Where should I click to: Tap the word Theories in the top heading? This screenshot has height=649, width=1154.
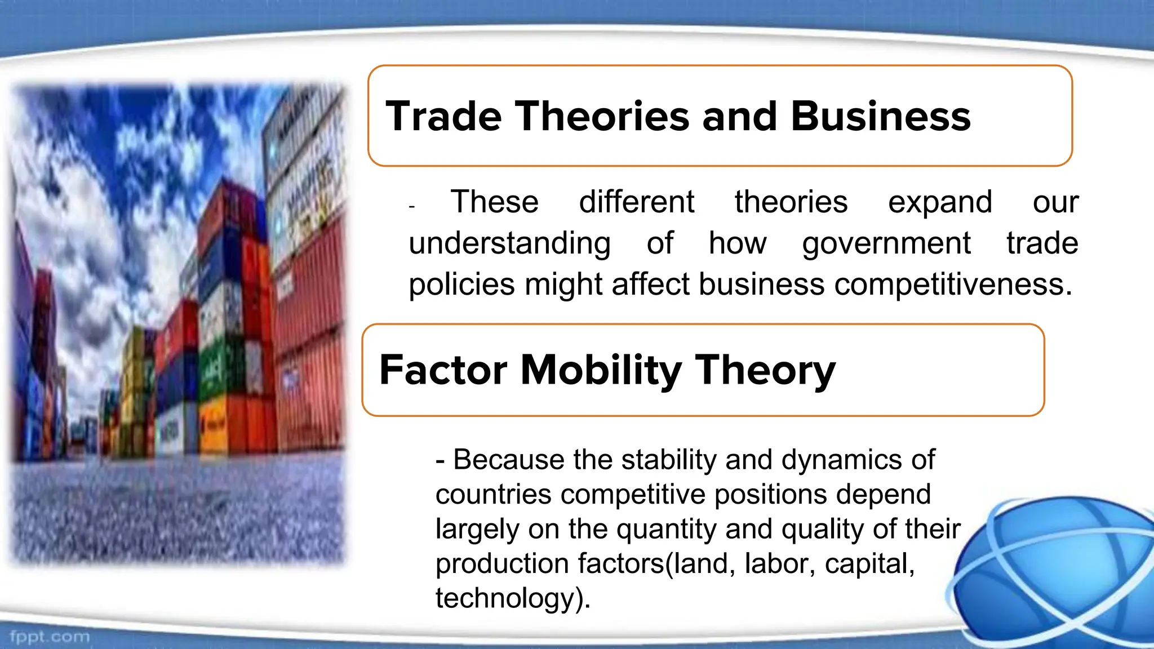pyautogui.click(x=603, y=117)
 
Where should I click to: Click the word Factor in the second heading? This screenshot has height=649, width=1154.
pyautogui.click(x=443, y=370)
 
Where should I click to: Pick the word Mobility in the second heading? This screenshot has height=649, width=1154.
pyautogui.click(x=601, y=370)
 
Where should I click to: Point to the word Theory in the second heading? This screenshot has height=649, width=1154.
pyautogui.click(x=765, y=371)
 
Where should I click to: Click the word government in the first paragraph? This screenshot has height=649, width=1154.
pyautogui.click(x=886, y=244)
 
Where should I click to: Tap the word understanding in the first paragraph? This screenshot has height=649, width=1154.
pyautogui.click(x=509, y=244)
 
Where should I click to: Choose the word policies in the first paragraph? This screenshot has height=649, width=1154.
pyautogui.click(x=461, y=285)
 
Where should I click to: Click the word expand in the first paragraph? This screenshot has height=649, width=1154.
pyautogui.click(x=939, y=202)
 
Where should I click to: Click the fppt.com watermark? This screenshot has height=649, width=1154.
pyautogui.click(x=50, y=637)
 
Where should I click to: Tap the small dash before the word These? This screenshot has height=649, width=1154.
pyautogui.click(x=412, y=207)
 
